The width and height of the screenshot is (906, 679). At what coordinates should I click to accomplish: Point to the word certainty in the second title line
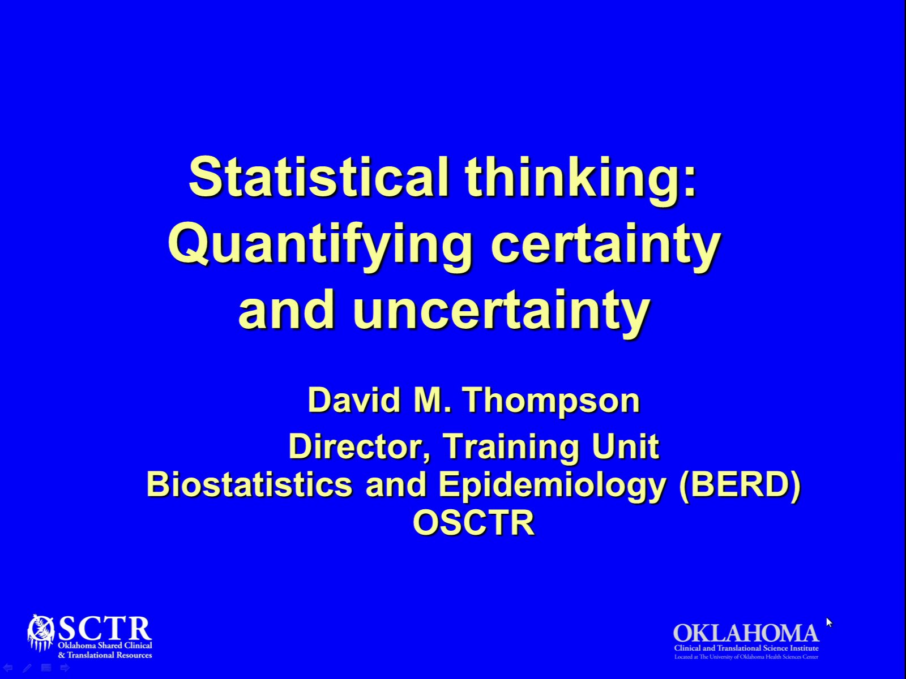coord(605,244)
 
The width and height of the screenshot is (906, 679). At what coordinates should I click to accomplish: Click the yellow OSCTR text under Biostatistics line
coord(474,522)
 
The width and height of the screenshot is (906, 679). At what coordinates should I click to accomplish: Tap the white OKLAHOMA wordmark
coord(746,633)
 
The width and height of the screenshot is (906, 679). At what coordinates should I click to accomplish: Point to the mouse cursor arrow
coord(829,622)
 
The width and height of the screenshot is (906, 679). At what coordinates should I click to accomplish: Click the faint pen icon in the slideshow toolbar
coord(27,668)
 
